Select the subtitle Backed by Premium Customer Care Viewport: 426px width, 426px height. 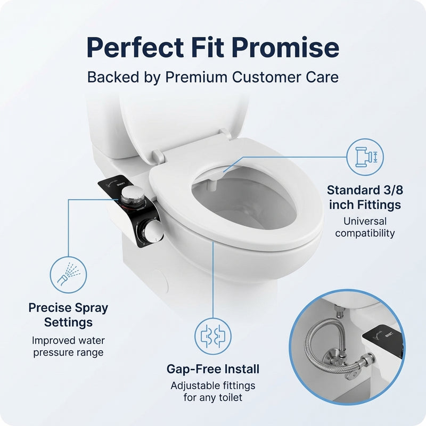(x=212, y=77)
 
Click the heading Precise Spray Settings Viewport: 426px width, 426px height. (x=68, y=315)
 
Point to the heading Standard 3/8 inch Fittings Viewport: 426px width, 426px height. (x=365, y=197)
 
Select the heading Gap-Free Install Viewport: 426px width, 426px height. (x=212, y=368)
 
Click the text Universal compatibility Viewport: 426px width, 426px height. (x=365, y=227)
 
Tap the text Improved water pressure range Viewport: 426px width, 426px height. (x=68, y=346)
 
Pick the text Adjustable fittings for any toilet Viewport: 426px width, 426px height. (x=212, y=391)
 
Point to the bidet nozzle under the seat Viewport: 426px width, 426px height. (x=219, y=175)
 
